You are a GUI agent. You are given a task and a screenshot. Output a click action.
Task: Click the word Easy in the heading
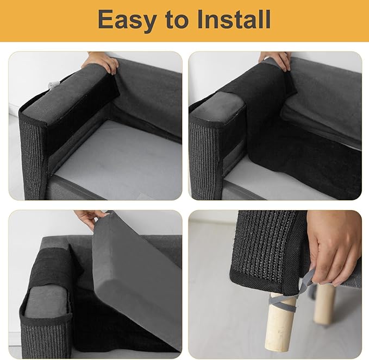click(x=129, y=20)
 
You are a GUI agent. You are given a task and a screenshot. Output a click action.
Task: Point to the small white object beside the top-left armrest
click(x=53, y=85)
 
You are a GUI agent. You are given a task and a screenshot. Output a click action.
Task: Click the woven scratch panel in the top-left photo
click(x=33, y=157)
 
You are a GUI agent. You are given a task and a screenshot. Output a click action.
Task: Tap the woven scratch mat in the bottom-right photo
click(x=266, y=244)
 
